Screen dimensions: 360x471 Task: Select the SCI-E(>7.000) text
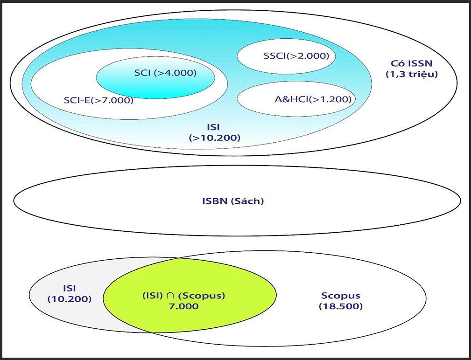tap(98, 100)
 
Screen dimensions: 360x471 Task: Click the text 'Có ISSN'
tap(411, 63)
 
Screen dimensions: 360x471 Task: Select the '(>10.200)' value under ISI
tap(215, 138)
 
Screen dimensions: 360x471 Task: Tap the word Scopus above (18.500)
tap(341, 296)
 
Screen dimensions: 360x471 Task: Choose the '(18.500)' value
tap(341, 306)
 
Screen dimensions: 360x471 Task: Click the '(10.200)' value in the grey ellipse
tap(69, 298)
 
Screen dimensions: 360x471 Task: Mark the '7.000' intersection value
tap(184, 306)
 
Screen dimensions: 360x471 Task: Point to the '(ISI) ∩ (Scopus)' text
tap(184, 296)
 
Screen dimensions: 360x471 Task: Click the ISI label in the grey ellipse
tap(69, 288)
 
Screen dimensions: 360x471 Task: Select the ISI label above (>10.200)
tap(215, 127)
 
